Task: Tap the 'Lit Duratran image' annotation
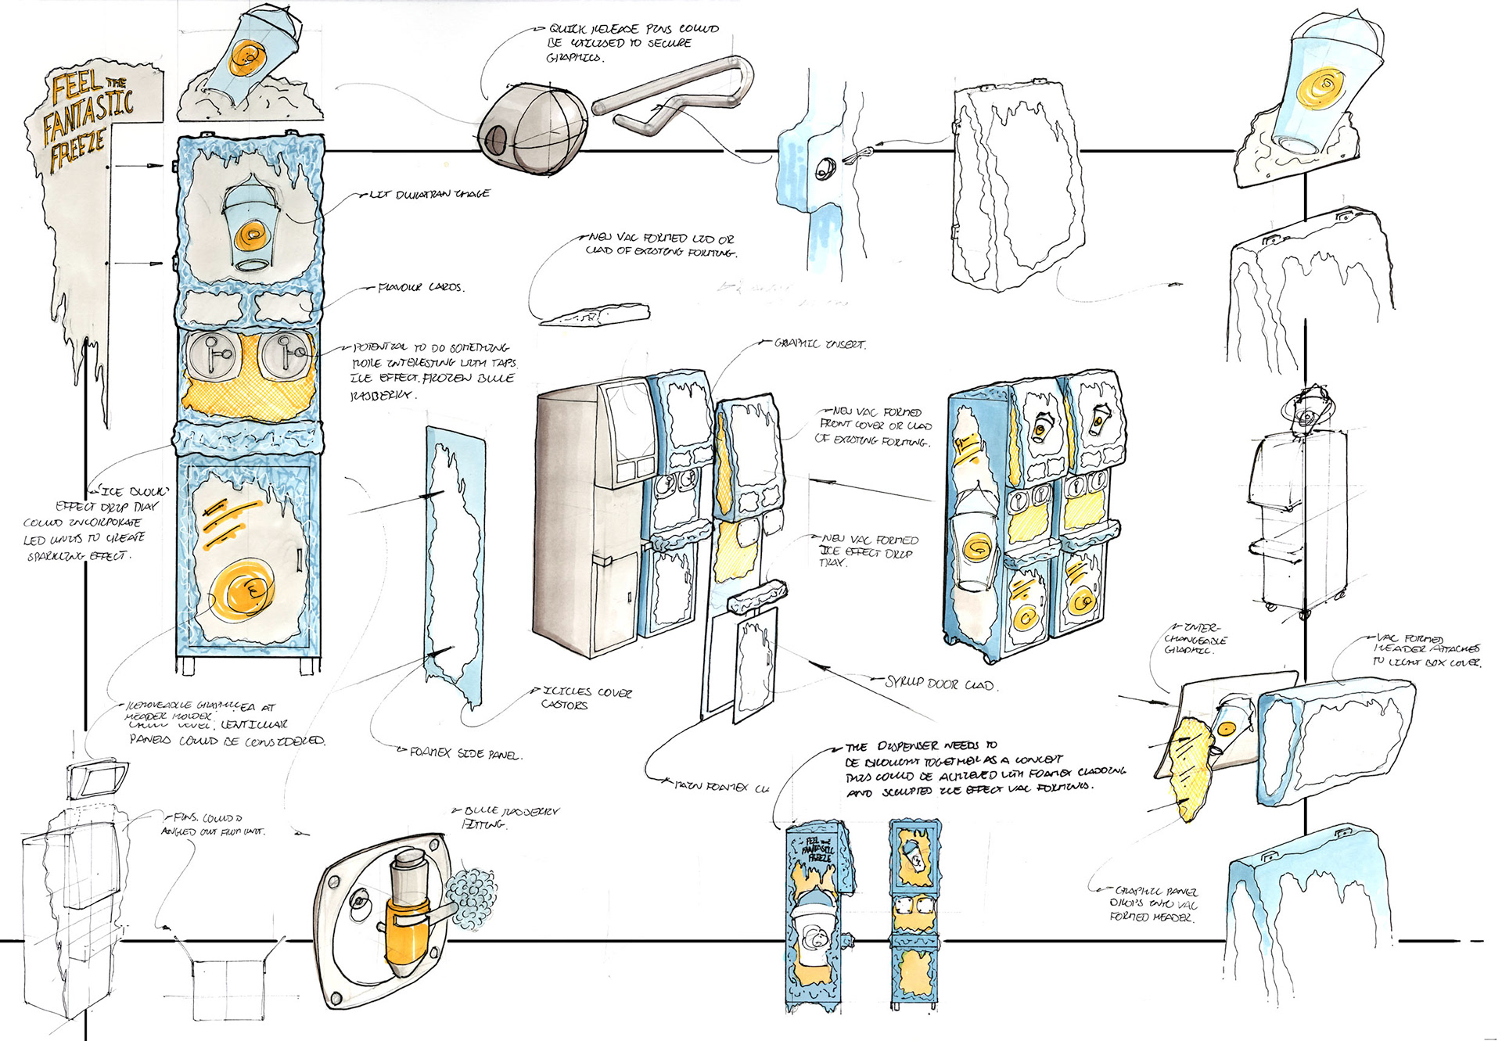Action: tap(429, 193)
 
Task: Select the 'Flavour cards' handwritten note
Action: tap(421, 288)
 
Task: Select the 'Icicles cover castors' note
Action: tap(587, 698)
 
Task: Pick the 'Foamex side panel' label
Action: tap(465, 754)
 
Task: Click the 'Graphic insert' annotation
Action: tap(819, 343)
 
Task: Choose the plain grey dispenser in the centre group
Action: tap(583, 516)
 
